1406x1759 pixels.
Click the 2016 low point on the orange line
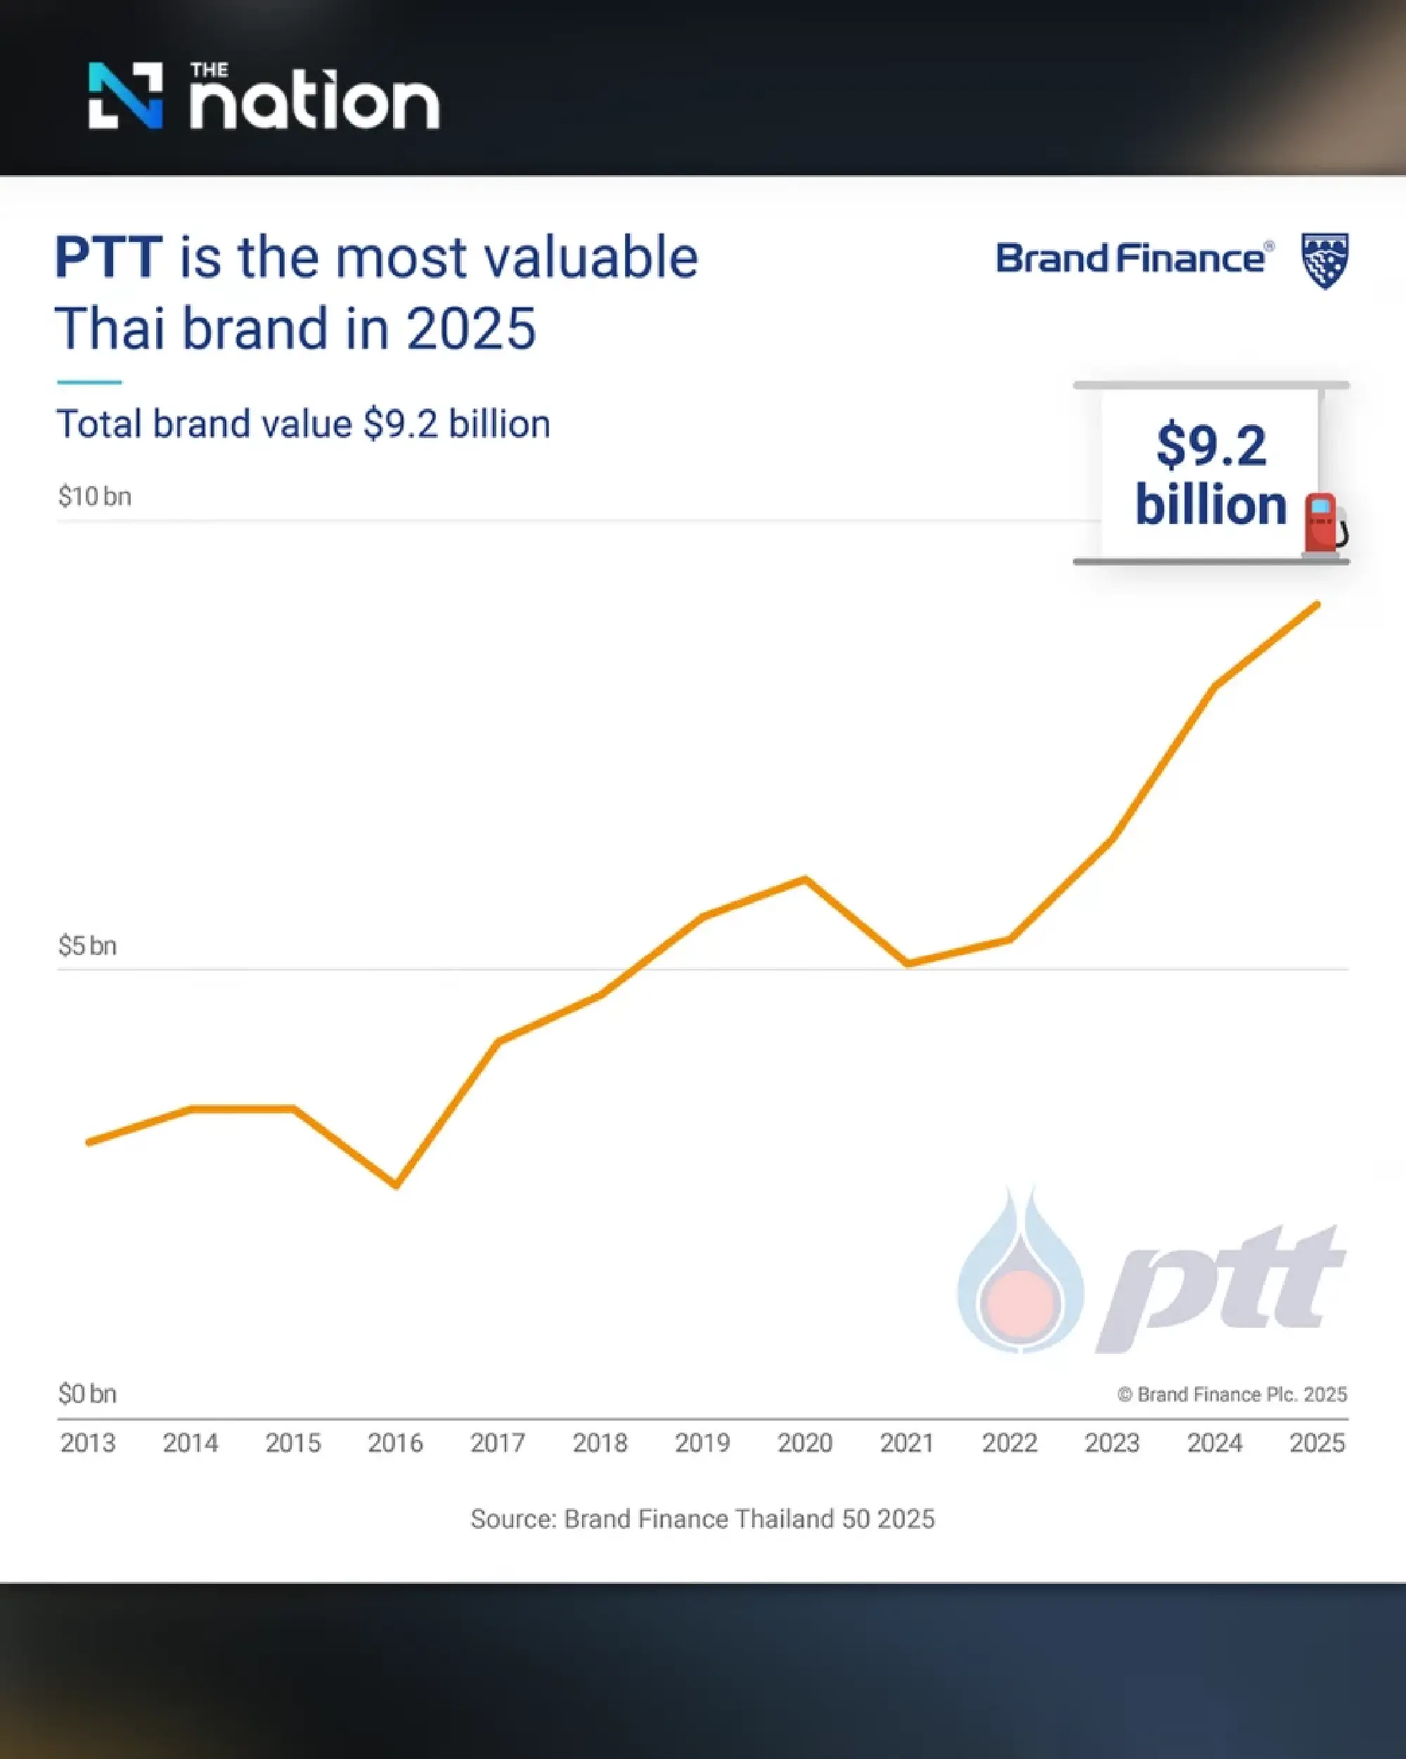396,1184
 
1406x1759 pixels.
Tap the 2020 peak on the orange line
806,879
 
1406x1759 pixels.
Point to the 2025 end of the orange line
1317,605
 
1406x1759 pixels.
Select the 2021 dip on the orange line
908,964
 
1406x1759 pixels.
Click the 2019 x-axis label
702,1443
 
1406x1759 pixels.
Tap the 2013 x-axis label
88,1443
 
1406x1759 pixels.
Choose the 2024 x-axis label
1214,1443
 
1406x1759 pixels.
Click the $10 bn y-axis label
95,496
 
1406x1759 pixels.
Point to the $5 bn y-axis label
87,945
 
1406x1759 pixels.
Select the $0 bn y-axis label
87,1393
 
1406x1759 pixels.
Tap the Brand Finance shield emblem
1324,260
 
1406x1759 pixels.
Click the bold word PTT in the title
108,258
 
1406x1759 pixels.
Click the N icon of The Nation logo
126,96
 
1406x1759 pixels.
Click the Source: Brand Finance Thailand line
702,1518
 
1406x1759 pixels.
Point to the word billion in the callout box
1211,505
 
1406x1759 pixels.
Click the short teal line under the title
89,382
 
